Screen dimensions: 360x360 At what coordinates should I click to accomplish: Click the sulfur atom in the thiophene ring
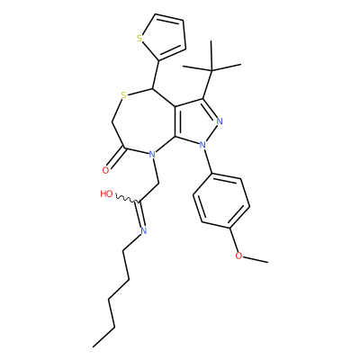pyautogui.click(x=139, y=39)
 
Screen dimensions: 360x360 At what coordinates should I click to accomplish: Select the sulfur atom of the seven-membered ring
pyautogui.click(x=124, y=95)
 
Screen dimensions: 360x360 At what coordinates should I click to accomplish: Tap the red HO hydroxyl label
pyautogui.click(x=106, y=193)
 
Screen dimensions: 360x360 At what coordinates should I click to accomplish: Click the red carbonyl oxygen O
pyautogui.click(x=105, y=171)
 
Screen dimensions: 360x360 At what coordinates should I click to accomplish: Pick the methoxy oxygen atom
pyautogui.click(x=238, y=256)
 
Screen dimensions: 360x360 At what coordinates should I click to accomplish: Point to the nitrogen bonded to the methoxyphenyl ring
pyautogui.click(x=203, y=145)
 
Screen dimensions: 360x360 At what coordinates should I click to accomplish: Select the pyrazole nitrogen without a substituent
pyautogui.click(x=220, y=121)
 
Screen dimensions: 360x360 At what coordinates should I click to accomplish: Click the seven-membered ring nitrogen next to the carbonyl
pyautogui.click(x=152, y=155)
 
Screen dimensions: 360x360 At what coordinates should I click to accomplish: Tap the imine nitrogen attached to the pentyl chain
pyautogui.click(x=143, y=230)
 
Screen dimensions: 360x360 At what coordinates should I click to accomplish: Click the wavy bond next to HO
pyautogui.click(x=126, y=199)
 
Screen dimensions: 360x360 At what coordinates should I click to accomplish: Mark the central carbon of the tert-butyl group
pyautogui.click(x=211, y=71)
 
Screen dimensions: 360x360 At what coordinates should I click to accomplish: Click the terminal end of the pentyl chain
pyautogui.click(x=94, y=347)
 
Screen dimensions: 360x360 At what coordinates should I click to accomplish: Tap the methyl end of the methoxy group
pyautogui.click(x=268, y=263)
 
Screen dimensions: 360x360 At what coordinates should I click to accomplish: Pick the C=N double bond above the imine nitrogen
pyautogui.click(x=140, y=213)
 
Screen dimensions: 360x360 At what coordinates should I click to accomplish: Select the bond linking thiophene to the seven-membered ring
pyautogui.click(x=156, y=75)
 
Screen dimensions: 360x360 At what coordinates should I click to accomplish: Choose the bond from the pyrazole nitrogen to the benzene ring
pyautogui.click(x=208, y=161)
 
